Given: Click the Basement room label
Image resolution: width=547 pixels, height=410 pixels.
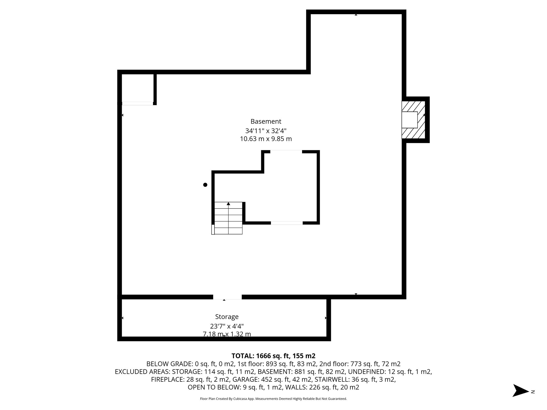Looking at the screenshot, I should (266, 121).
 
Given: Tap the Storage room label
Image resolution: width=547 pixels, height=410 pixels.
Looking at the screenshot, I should (227, 317).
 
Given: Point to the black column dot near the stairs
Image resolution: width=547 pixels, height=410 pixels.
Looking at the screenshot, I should (205, 185).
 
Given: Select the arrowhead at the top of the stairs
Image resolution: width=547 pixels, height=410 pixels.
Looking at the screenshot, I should (228, 204).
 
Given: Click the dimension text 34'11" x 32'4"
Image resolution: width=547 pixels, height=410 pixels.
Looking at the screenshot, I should (266, 131).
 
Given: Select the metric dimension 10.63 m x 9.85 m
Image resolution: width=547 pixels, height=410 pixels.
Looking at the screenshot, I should (266, 139).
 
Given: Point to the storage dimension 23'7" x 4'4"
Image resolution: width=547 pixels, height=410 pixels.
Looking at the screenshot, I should (227, 326).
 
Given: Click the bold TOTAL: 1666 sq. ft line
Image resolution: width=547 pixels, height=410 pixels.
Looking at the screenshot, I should (273, 356).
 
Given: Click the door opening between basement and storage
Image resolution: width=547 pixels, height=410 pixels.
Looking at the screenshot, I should (227, 297).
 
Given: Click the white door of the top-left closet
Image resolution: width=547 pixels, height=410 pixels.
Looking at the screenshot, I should (138, 104).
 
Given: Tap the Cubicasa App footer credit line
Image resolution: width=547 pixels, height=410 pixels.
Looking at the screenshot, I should (273, 399).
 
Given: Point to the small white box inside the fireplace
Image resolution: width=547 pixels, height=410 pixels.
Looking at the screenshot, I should (409, 120).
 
